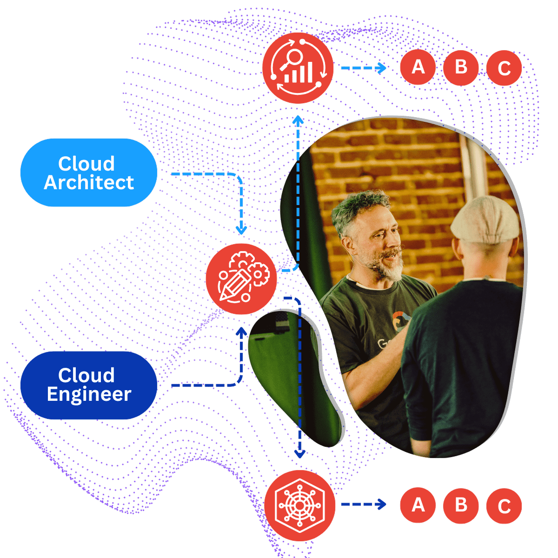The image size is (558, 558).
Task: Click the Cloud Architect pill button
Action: tap(89, 173)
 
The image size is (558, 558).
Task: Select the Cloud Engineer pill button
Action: tap(89, 385)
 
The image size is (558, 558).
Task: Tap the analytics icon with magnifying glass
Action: tap(298, 68)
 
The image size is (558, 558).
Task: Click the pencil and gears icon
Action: tap(241, 279)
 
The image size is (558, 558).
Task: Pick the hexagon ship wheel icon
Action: tap(300, 505)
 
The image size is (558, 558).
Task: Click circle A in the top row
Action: tap(418, 67)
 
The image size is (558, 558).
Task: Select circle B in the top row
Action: tap(461, 67)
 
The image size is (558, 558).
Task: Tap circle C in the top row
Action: tap(504, 68)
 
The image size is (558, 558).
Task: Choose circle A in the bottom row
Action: tap(418, 505)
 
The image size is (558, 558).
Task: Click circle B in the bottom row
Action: tap(461, 506)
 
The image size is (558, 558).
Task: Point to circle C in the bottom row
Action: tap(504, 506)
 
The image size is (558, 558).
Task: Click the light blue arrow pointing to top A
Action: tap(364, 68)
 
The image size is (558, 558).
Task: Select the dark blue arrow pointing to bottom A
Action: tap(364, 505)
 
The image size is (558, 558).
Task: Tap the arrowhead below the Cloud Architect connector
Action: tap(241, 230)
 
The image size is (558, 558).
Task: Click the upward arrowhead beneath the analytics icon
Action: tap(298, 120)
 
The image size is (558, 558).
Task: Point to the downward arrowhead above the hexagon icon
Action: tap(300, 454)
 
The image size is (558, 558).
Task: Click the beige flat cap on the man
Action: tap(485, 220)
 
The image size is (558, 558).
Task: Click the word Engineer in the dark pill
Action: tap(89, 394)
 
